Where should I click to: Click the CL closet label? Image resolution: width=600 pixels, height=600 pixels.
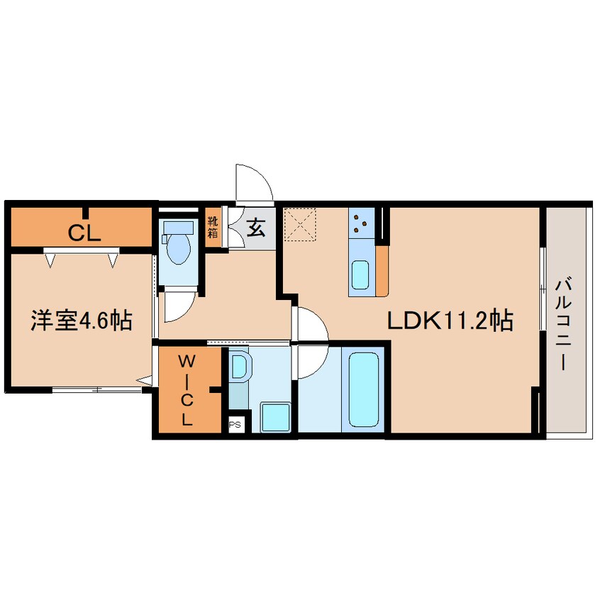tap(84, 233)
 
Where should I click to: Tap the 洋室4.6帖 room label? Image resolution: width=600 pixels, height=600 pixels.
tap(82, 321)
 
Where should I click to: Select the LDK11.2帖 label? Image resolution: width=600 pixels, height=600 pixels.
tap(450, 320)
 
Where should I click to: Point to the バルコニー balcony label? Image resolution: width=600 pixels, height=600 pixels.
tap(564, 325)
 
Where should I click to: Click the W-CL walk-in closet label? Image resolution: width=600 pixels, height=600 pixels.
tap(187, 390)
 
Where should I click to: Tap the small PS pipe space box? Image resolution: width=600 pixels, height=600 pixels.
tap(235, 425)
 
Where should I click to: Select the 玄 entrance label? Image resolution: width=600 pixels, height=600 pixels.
tap(255, 227)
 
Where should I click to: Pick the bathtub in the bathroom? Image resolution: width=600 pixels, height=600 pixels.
tap(364, 389)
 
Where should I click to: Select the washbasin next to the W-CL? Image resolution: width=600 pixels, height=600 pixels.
tap(240, 367)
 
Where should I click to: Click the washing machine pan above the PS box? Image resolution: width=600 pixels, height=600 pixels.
tap(275, 417)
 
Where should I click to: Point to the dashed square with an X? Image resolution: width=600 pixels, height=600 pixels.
tap(299, 224)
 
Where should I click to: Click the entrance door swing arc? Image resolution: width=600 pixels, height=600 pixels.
tap(254, 183)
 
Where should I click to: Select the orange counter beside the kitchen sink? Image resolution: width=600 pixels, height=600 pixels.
tap(382, 271)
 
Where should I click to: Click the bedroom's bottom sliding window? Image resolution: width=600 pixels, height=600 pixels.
tap(96, 390)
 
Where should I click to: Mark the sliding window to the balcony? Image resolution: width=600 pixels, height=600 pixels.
tap(543, 289)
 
